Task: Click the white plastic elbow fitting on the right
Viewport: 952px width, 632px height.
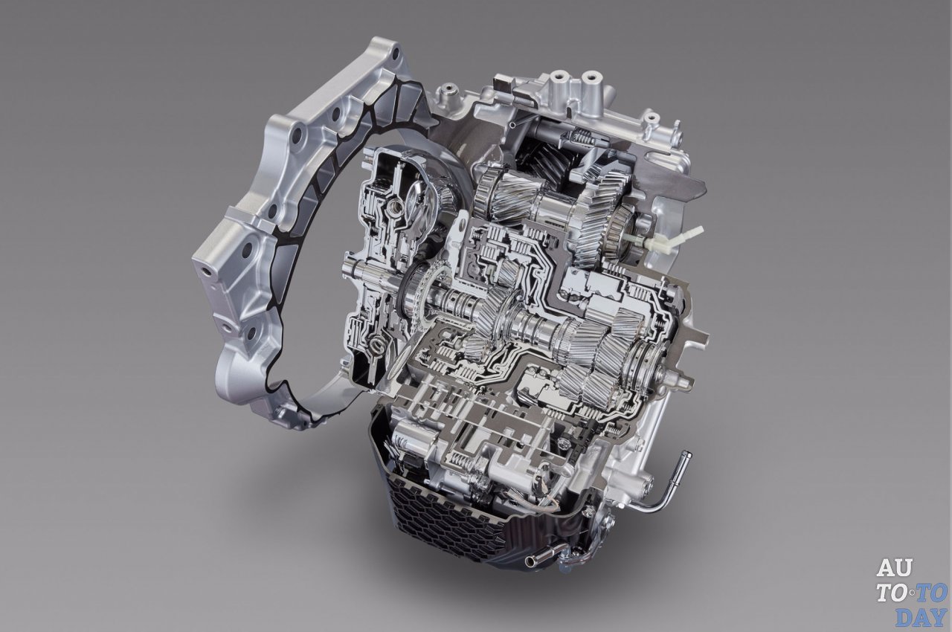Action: (x=676, y=238)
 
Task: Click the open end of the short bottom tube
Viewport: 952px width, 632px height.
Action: (x=530, y=561)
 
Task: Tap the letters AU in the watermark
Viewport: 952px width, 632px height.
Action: (x=894, y=568)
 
